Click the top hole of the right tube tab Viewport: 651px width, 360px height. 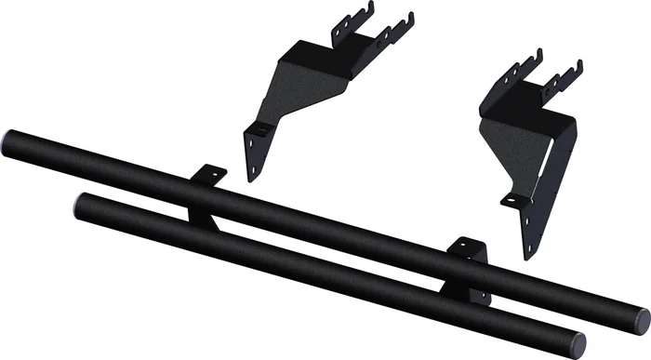coord(467,247)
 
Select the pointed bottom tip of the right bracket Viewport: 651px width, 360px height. coord(527,255)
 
